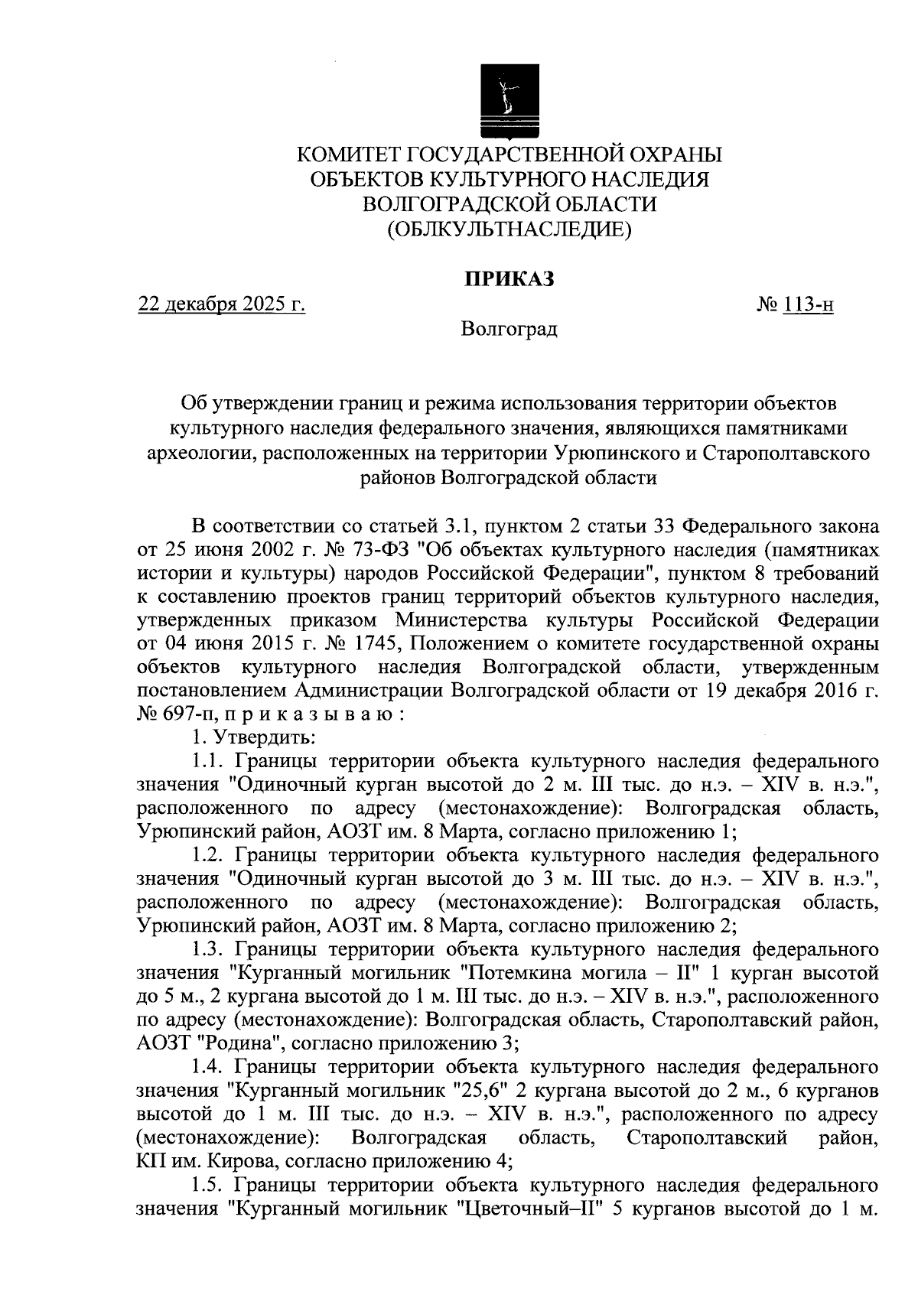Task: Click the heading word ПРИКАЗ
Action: click(x=509, y=280)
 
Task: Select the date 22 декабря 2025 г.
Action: click(x=222, y=305)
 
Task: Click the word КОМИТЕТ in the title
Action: click(x=348, y=155)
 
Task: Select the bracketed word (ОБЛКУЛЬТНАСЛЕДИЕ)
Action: click(x=509, y=228)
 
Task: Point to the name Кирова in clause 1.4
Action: click(x=227, y=1161)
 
